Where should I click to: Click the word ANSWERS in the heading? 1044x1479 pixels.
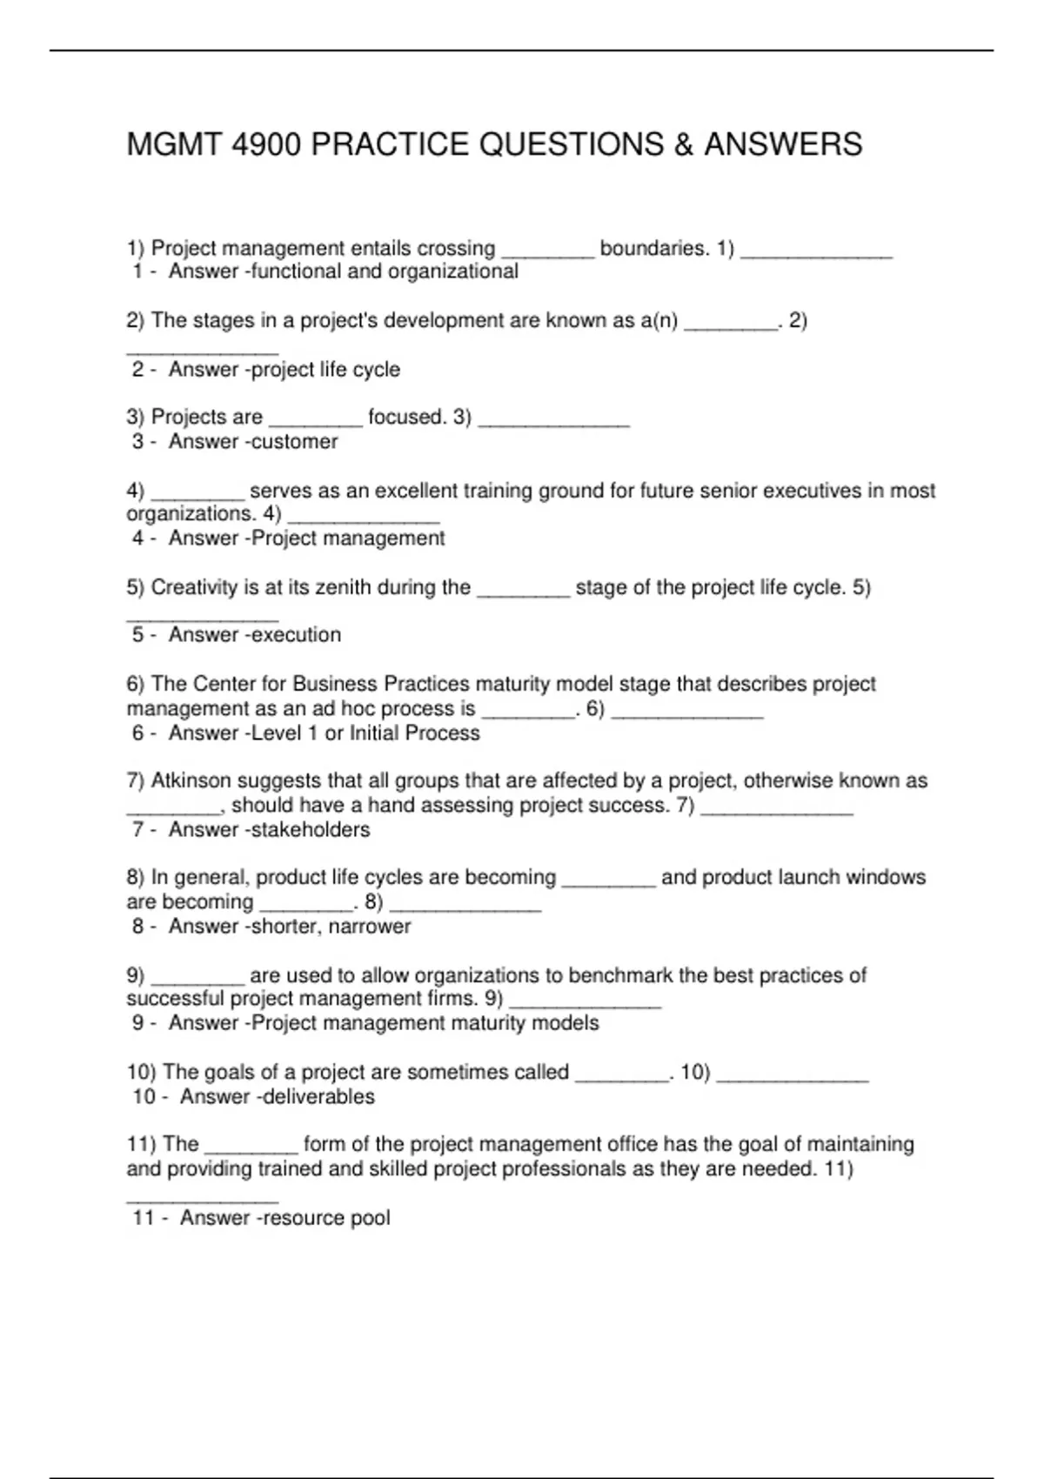783,144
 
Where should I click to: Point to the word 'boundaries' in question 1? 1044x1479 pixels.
652,249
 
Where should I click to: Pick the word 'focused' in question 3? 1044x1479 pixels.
406,418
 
